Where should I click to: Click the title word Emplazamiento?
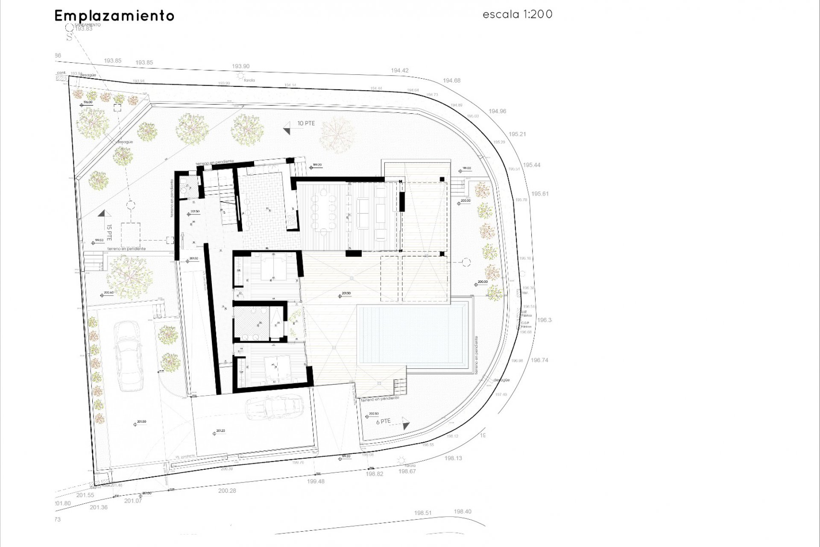[114, 16]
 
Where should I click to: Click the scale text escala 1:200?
[517, 15]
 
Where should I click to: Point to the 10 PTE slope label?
[306, 124]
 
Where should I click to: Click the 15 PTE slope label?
[109, 232]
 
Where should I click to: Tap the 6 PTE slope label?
[383, 421]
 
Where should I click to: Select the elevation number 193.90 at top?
[240, 66]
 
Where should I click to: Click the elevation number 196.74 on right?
[539, 360]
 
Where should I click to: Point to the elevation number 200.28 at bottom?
[227, 491]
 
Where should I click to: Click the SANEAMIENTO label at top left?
[87, 25]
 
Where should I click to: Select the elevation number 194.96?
[497, 111]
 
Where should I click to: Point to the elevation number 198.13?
[453, 458]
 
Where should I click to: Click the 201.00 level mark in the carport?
[140, 421]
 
